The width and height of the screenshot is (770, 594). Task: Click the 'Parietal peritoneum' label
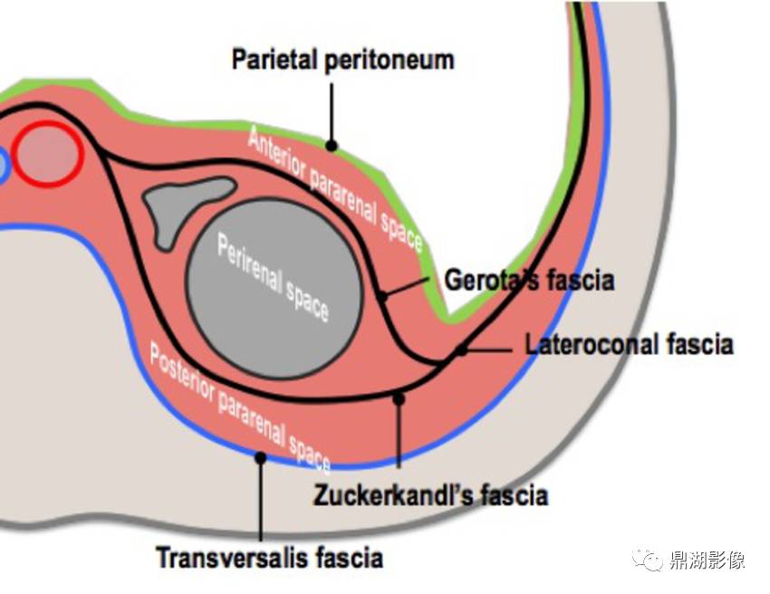tap(342, 61)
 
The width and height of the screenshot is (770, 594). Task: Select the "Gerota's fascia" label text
tap(529, 280)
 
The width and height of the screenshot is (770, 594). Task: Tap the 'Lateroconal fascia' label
tap(629, 344)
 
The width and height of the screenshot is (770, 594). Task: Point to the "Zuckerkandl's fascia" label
tap(430, 494)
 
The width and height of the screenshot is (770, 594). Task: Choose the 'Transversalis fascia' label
tap(270, 558)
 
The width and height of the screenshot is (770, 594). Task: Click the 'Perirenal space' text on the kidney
tap(273, 277)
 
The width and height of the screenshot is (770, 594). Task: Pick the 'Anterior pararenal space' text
tap(335, 188)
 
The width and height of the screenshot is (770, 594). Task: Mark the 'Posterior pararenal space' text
tap(240, 408)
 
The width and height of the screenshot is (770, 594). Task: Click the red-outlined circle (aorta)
tap(48, 154)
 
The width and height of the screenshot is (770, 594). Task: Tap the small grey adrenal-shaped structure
tap(184, 206)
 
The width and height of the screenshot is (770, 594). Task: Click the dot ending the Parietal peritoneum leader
tap(332, 145)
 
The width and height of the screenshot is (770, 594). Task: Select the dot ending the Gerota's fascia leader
tap(381, 296)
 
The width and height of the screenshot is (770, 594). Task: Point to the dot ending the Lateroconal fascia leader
tap(461, 350)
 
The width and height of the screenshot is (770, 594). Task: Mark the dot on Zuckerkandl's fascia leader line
tap(399, 399)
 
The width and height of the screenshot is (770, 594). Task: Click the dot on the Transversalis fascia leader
tap(260, 458)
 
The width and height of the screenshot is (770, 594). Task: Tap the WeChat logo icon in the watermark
tap(648, 560)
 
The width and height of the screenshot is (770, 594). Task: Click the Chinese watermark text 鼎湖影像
tap(707, 560)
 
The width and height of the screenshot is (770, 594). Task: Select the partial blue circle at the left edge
tap(4, 166)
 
